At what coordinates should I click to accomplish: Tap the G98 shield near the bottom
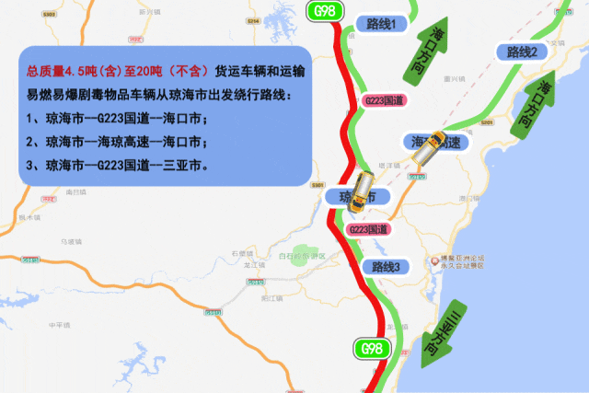(372, 349)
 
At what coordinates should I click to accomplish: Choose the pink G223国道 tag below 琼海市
(366, 228)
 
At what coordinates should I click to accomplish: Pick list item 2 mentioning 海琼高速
(116, 143)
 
